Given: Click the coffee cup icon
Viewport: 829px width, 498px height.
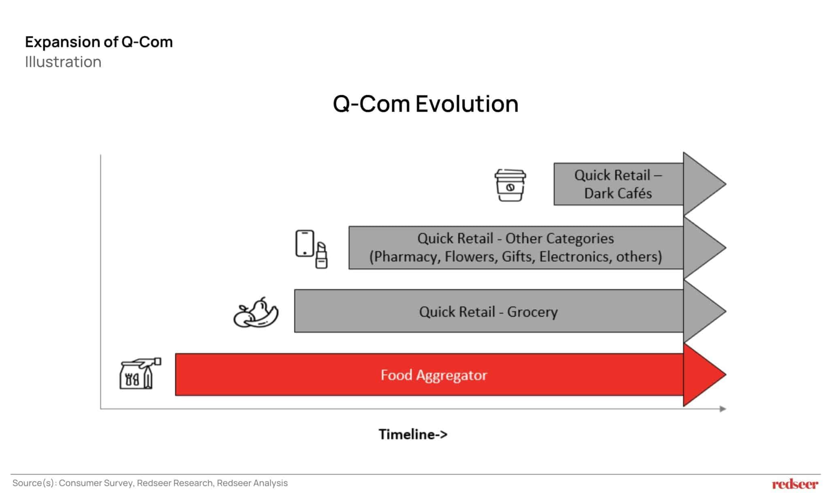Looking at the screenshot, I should pyautogui.click(x=510, y=185).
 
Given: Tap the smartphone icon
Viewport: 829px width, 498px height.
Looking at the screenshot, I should pyautogui.click(x=304, y=243).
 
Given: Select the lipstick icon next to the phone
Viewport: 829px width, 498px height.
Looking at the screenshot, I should pyautogui.click(x=321, y=256).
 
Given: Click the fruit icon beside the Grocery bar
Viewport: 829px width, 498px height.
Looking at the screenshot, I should pyautogui.click(x=256, y=313).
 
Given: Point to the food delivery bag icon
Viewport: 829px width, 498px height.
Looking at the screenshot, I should pyautogui.click(x=140, y=374).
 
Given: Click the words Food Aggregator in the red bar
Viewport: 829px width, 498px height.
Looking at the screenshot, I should pyautogui.click(x=434, y=375).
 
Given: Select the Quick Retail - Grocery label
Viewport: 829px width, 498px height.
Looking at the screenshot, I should pyautogui.click(x=488, y=312).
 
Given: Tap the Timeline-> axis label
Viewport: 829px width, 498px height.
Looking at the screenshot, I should pyautogui.click(x=413, y=434).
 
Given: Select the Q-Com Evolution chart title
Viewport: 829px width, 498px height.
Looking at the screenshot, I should pyautogui.click(x=425, y=104).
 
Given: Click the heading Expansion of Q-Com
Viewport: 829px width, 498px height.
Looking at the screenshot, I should pyautogui.click(x=99, y=42).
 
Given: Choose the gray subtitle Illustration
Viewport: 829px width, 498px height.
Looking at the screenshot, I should pyautogui.click(x=63, y=62).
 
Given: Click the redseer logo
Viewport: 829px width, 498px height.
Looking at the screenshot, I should pyautogui.click(x=795, y=484).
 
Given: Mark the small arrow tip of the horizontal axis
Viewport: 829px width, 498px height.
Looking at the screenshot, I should pyautogui.click(x=723, y=409).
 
